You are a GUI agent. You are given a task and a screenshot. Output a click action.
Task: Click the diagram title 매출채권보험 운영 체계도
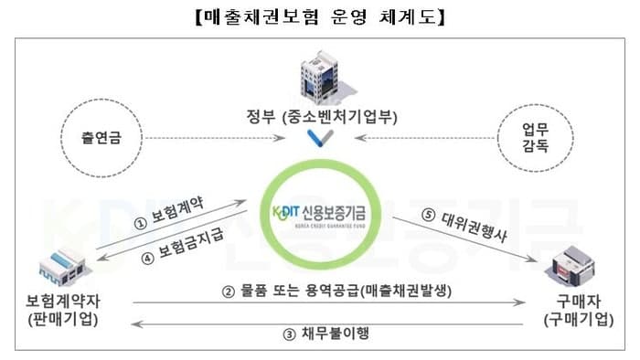point(320,16)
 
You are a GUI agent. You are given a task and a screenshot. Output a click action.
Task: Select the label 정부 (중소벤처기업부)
point(321,118)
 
